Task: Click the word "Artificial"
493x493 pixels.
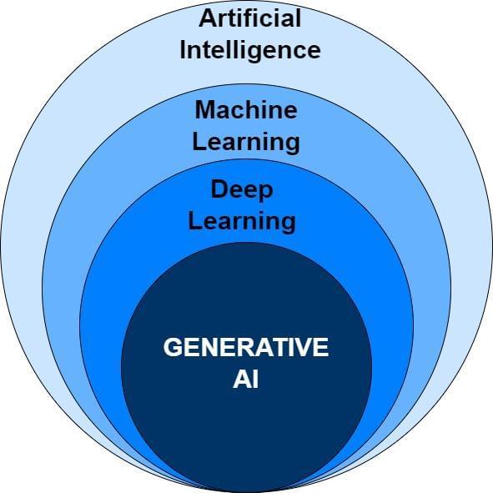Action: tap(250, 18)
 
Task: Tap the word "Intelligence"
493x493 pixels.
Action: tap(250, 50)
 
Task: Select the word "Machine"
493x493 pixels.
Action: tap(246, 109)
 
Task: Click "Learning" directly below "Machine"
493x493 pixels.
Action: tap(246, 143)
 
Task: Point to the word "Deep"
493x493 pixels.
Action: tap(242, 190)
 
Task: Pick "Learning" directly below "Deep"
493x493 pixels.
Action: tap(242, 221)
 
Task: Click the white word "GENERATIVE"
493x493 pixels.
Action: tap(246, 347)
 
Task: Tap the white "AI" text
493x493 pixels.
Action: tap(245, 380)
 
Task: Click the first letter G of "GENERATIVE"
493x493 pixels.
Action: tap(173, 347)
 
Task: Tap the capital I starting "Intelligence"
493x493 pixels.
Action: tap(183, 50)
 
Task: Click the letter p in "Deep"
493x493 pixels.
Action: tap(265, 194)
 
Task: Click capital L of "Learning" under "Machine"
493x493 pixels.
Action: tap(199, 141)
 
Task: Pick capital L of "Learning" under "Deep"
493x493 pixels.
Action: tap(194, 220)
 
